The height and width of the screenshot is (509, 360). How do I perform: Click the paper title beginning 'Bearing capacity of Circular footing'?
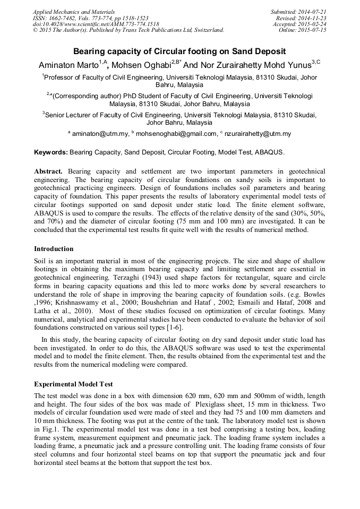point(179,51)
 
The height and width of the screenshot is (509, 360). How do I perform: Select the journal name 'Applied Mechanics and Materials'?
point(73,11)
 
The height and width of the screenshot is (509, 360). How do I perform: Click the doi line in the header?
point(96,24)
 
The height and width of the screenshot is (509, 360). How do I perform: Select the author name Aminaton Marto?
point(68,64)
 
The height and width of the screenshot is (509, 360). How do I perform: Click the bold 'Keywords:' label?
point(51,152)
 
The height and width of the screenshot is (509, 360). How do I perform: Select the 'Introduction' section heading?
point(54,248)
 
